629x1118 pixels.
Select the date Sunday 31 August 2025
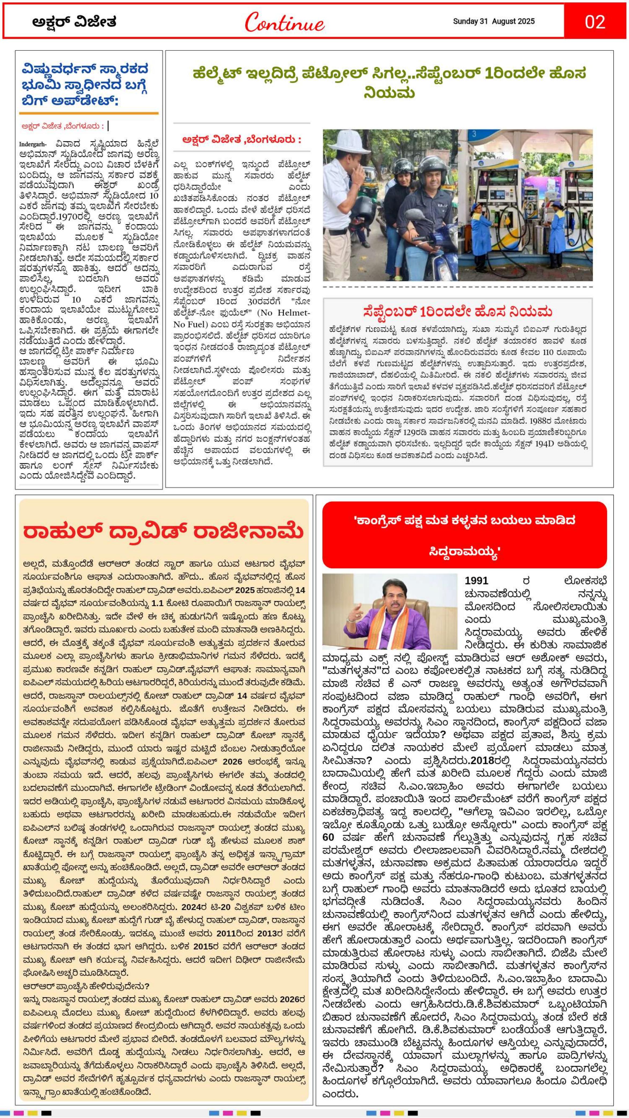point(493,21)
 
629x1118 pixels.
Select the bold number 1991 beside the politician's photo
point(476,580)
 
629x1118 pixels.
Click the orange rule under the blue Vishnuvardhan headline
point(89,113)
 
